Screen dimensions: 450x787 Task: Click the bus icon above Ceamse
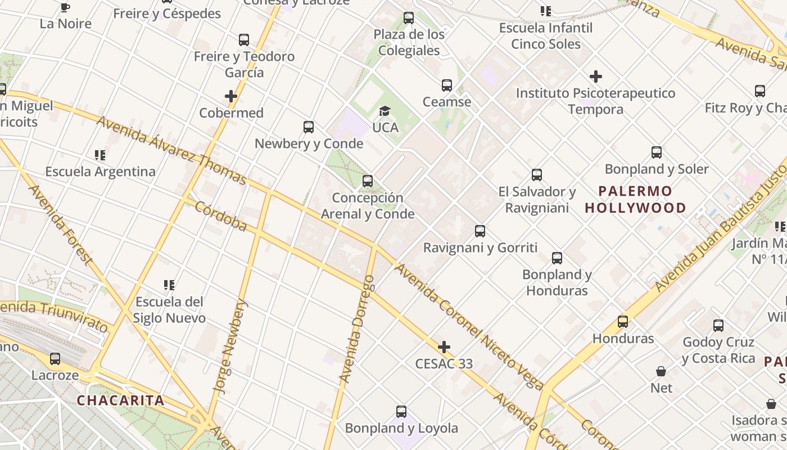coord(447,85)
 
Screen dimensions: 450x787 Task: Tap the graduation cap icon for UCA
coord(385,111)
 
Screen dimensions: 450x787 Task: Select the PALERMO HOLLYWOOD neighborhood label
coord(635,200)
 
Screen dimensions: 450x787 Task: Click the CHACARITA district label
coord(120,401)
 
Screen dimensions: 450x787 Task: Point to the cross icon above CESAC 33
coord(444,347)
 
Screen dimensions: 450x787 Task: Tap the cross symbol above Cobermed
coord(231,97)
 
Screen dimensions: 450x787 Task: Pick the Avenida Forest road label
coord(60,224)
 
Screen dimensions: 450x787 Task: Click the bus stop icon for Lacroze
coord(55,359)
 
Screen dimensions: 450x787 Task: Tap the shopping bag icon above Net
coord(662,372)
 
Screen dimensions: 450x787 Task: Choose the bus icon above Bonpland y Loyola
coord(401,412)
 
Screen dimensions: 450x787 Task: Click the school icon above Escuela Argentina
coord(100,155)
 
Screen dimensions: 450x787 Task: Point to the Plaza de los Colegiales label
coord(409,42)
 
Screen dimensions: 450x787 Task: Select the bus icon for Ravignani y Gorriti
coord(480,231)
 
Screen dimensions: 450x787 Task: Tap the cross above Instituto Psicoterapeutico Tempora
coord(596,76)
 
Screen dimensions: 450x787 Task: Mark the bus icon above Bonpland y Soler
coord(657,152)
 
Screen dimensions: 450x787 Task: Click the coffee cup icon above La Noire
coord(65,7)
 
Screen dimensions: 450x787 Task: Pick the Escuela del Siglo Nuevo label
coord(169,310)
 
